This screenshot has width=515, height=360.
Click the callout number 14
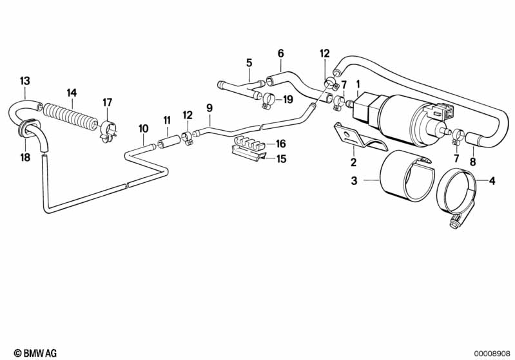tap(72, 93)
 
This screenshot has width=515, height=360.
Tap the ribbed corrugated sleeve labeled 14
tap(71, 116)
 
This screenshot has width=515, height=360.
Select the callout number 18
tap(25, 157)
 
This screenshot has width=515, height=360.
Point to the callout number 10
tap(144, 128)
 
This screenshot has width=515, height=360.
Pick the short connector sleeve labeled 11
tap(169, 142)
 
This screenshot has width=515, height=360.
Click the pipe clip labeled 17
tap(108, 132)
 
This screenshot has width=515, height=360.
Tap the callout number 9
tap(209, 108)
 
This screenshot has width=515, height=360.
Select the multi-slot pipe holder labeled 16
tap(249, 141)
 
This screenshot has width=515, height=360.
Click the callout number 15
tap(281, 159)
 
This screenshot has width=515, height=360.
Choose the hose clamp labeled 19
tap(269, 100)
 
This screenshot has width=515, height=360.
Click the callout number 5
tap(249, 62)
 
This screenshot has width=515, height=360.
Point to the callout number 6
tap(280, 53)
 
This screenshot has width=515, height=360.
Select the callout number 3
tap(354, 180)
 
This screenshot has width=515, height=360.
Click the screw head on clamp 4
tap(453, 223)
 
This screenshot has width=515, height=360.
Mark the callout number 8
tap(472, 162)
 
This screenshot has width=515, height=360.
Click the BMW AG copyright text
tap(35, 353)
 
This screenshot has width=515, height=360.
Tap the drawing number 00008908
tap(492, 354)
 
